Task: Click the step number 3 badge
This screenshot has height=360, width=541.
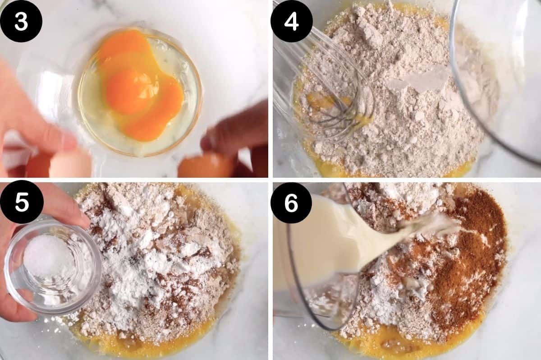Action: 21,21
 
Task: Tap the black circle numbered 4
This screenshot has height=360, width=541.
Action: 292,21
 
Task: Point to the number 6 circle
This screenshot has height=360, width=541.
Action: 292,203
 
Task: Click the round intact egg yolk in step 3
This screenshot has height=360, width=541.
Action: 128,90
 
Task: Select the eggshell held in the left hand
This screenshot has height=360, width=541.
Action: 68,165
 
